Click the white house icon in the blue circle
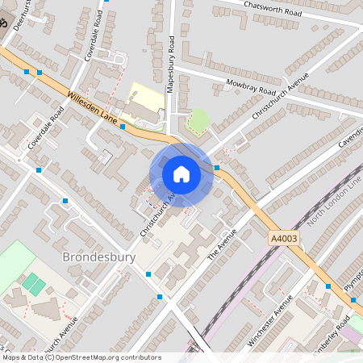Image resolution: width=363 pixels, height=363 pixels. tap(181, 174)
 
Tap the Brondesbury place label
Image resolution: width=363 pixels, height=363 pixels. tap(98, 258)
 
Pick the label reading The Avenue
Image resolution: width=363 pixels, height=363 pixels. tap(214, 243)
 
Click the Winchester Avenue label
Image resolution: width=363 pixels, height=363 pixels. tap(269, 321)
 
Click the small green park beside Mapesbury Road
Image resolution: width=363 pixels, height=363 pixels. tap(198, 122)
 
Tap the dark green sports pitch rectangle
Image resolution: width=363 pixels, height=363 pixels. tap(34, 283)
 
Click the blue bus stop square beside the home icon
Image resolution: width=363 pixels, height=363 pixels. tap(217, 168)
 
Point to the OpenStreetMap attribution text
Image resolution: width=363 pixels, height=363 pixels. tap(81, 357)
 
